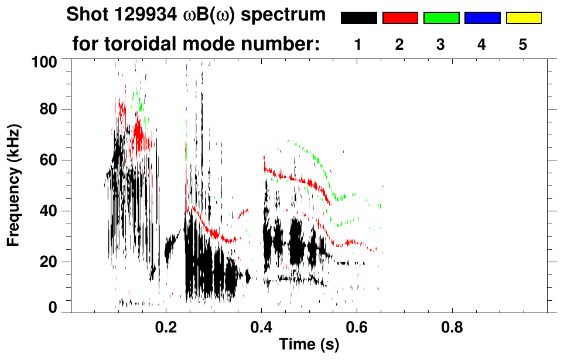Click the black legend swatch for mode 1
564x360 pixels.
[358, 18]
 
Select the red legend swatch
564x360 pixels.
[400, 18]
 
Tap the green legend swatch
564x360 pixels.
[441, 18]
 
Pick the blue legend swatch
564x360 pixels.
[482, 18]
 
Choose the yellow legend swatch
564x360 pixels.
[523, 18]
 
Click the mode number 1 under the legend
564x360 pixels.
[358, 44]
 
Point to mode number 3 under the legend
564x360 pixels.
[440, 44]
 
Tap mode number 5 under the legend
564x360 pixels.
[522, 44]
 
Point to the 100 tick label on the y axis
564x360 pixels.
[44, 60]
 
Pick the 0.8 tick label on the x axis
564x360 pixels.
[452, 327]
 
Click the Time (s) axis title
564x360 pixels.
[309, 345]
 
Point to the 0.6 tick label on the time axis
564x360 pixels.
[357, 327]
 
